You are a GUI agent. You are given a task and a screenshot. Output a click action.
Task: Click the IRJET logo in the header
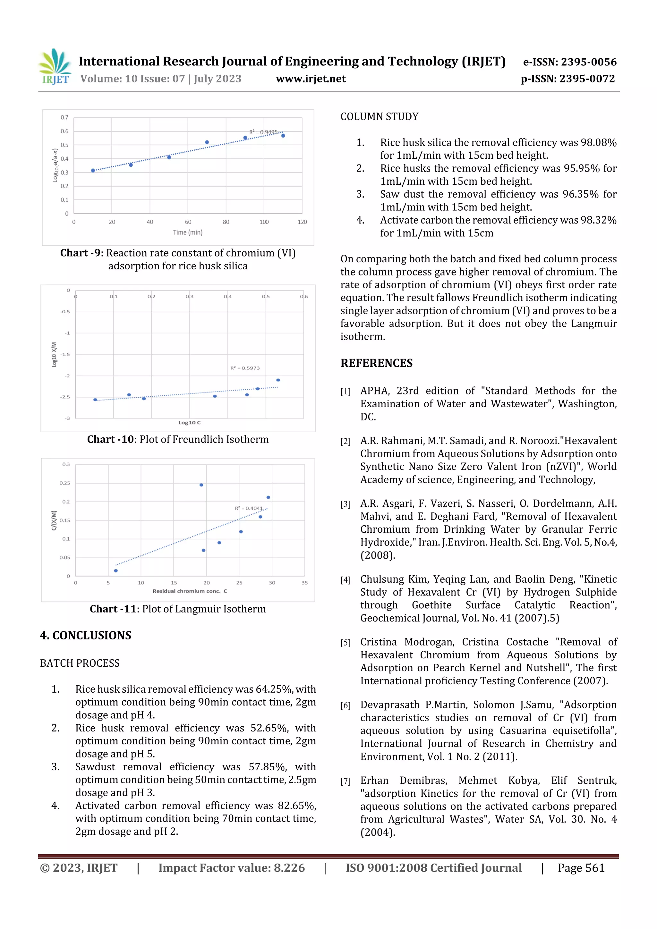55,67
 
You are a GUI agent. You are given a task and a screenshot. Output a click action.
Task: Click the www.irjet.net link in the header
311,79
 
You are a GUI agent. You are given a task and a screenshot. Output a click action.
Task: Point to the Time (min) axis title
188,232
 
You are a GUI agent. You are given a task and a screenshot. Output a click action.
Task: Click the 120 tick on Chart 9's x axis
302,222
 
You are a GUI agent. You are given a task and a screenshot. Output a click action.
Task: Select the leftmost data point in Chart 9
93,170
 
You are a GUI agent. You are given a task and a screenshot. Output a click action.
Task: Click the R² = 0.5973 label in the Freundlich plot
245,368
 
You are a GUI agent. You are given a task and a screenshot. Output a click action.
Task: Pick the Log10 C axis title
190,422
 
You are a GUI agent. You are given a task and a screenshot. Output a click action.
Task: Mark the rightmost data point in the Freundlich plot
278,380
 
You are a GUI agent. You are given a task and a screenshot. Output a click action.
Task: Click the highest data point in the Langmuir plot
201,485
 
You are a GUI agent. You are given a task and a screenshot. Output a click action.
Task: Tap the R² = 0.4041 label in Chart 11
249,508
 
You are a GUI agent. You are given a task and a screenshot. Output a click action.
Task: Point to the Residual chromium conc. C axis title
190,591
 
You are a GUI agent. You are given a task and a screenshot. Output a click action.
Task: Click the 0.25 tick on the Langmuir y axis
65,483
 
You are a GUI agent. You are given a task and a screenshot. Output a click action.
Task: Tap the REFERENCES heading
377,363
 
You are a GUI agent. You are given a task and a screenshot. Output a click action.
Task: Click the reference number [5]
345,643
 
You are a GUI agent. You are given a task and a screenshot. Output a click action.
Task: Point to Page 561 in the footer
581,868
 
